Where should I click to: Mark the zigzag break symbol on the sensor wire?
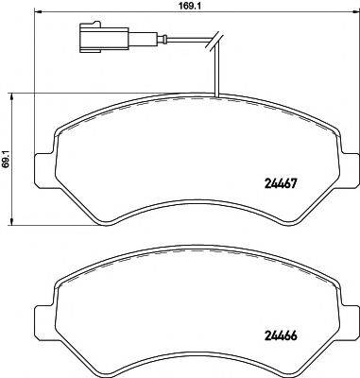216,40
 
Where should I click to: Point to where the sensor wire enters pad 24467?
216,97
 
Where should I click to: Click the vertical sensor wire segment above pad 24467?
216,71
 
